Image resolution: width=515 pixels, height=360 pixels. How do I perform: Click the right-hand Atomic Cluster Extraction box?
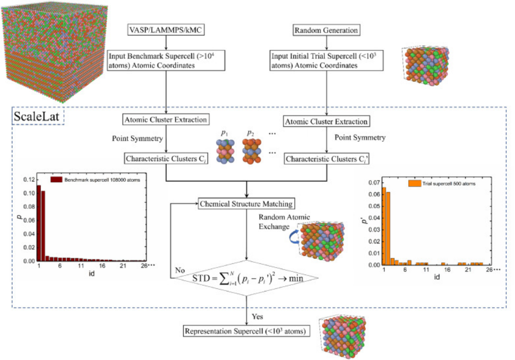tap(326, 122)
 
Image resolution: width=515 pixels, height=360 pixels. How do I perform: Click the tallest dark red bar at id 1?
tap(39, 223)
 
